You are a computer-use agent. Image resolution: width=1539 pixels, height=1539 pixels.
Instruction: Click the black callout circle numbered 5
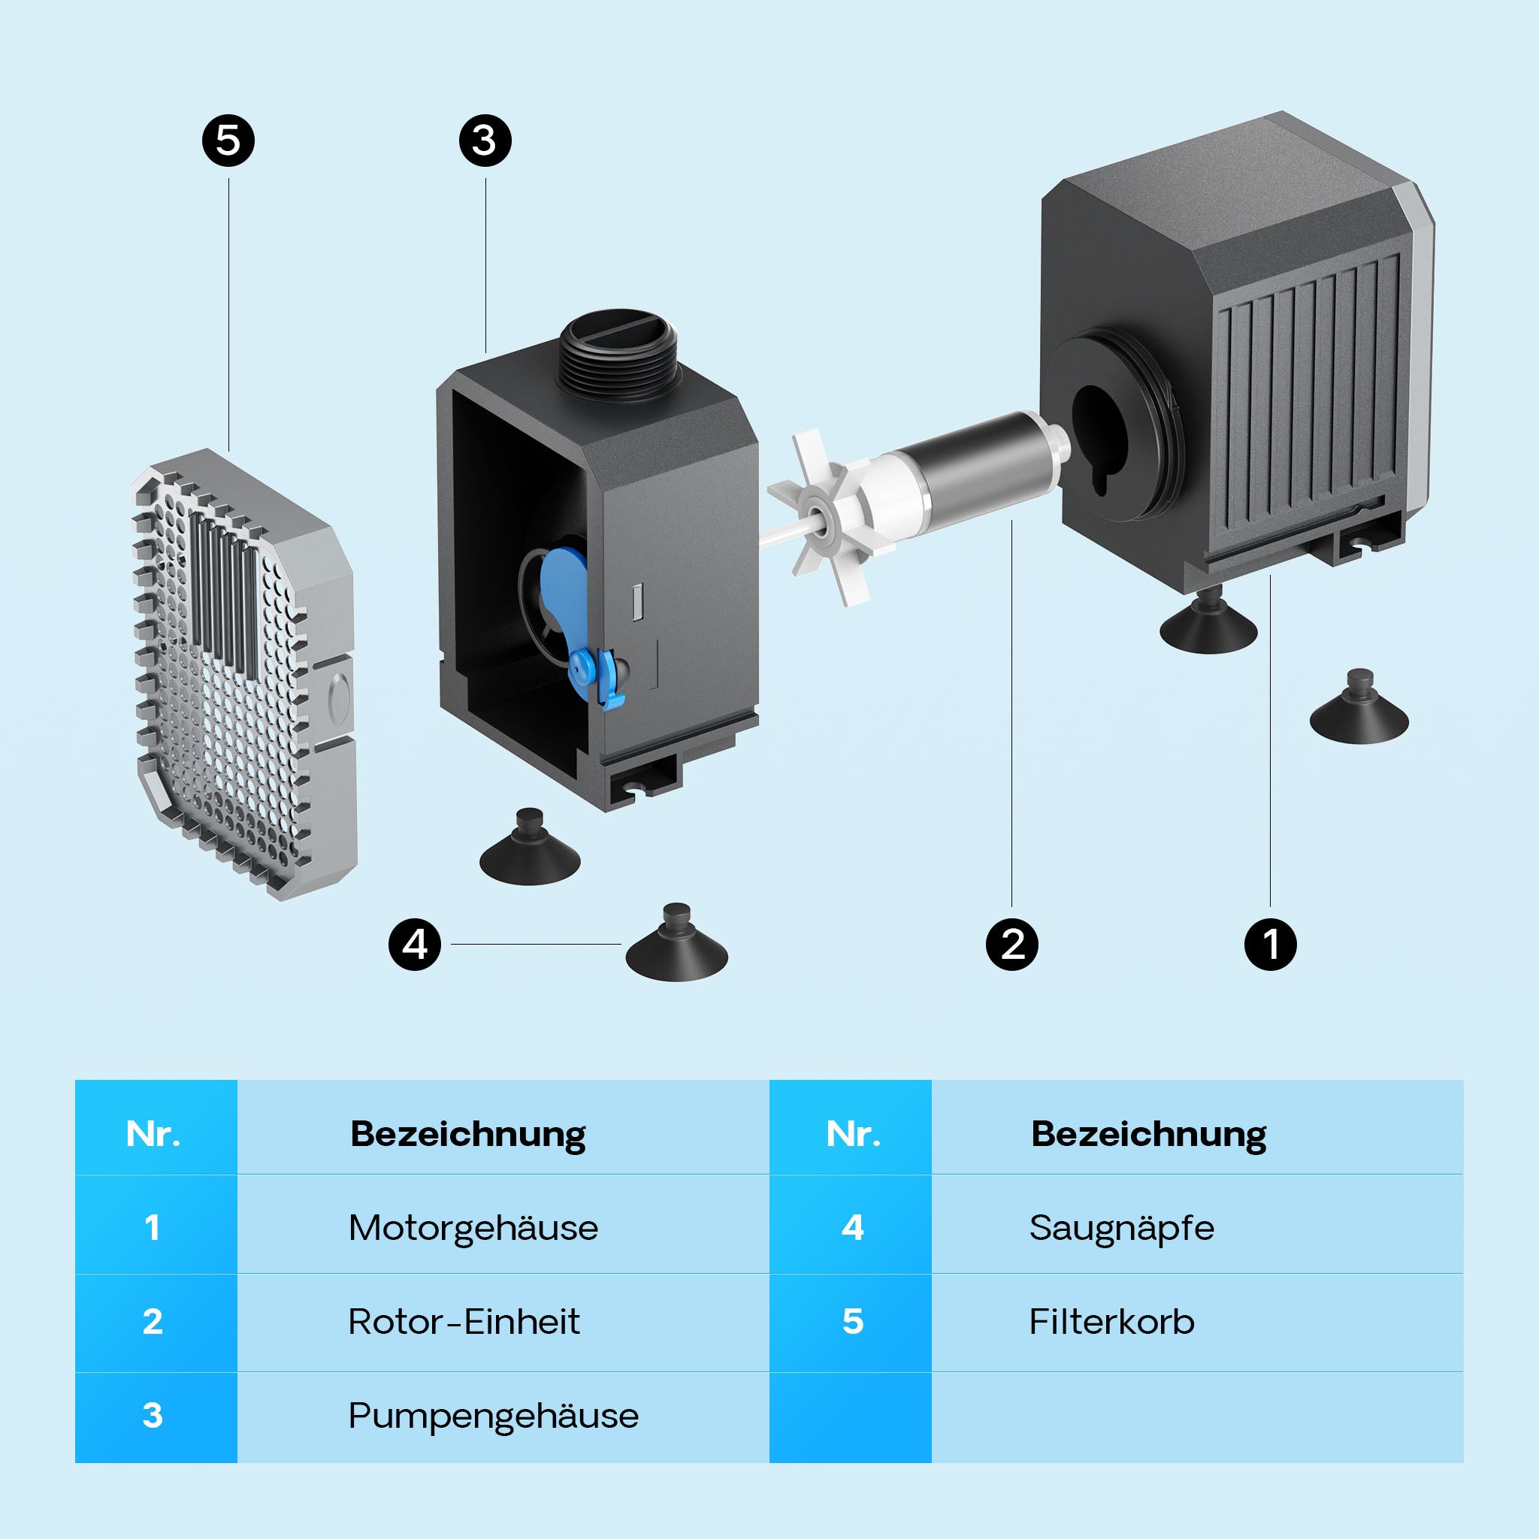tap(228, 141)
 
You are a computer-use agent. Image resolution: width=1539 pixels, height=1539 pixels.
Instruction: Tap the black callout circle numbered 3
tap(485, 141)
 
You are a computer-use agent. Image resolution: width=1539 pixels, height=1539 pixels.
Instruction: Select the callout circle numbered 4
tap(414, 945)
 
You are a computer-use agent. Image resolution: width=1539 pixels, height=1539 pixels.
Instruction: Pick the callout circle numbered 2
tap(1011, 945)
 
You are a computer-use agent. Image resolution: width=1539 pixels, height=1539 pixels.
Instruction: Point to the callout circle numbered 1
tap(1270, 945)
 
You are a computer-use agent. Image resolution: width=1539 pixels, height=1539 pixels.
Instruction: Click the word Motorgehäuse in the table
tap(473, 1228)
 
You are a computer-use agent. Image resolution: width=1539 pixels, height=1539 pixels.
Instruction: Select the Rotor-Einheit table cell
tap(464, 1322)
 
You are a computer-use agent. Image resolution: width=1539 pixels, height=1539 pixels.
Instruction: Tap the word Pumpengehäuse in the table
tap(493, 1416)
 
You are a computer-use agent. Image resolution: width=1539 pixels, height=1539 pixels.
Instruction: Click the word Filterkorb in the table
tap(1111, 1322)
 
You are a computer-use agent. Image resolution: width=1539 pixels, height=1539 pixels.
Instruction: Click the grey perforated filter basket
tap(239, 677)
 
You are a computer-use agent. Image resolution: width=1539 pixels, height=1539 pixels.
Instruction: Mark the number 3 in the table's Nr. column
tap(152, 1416)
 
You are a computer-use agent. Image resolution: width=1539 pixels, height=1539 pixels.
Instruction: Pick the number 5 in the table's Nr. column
tap(852, 1322)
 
